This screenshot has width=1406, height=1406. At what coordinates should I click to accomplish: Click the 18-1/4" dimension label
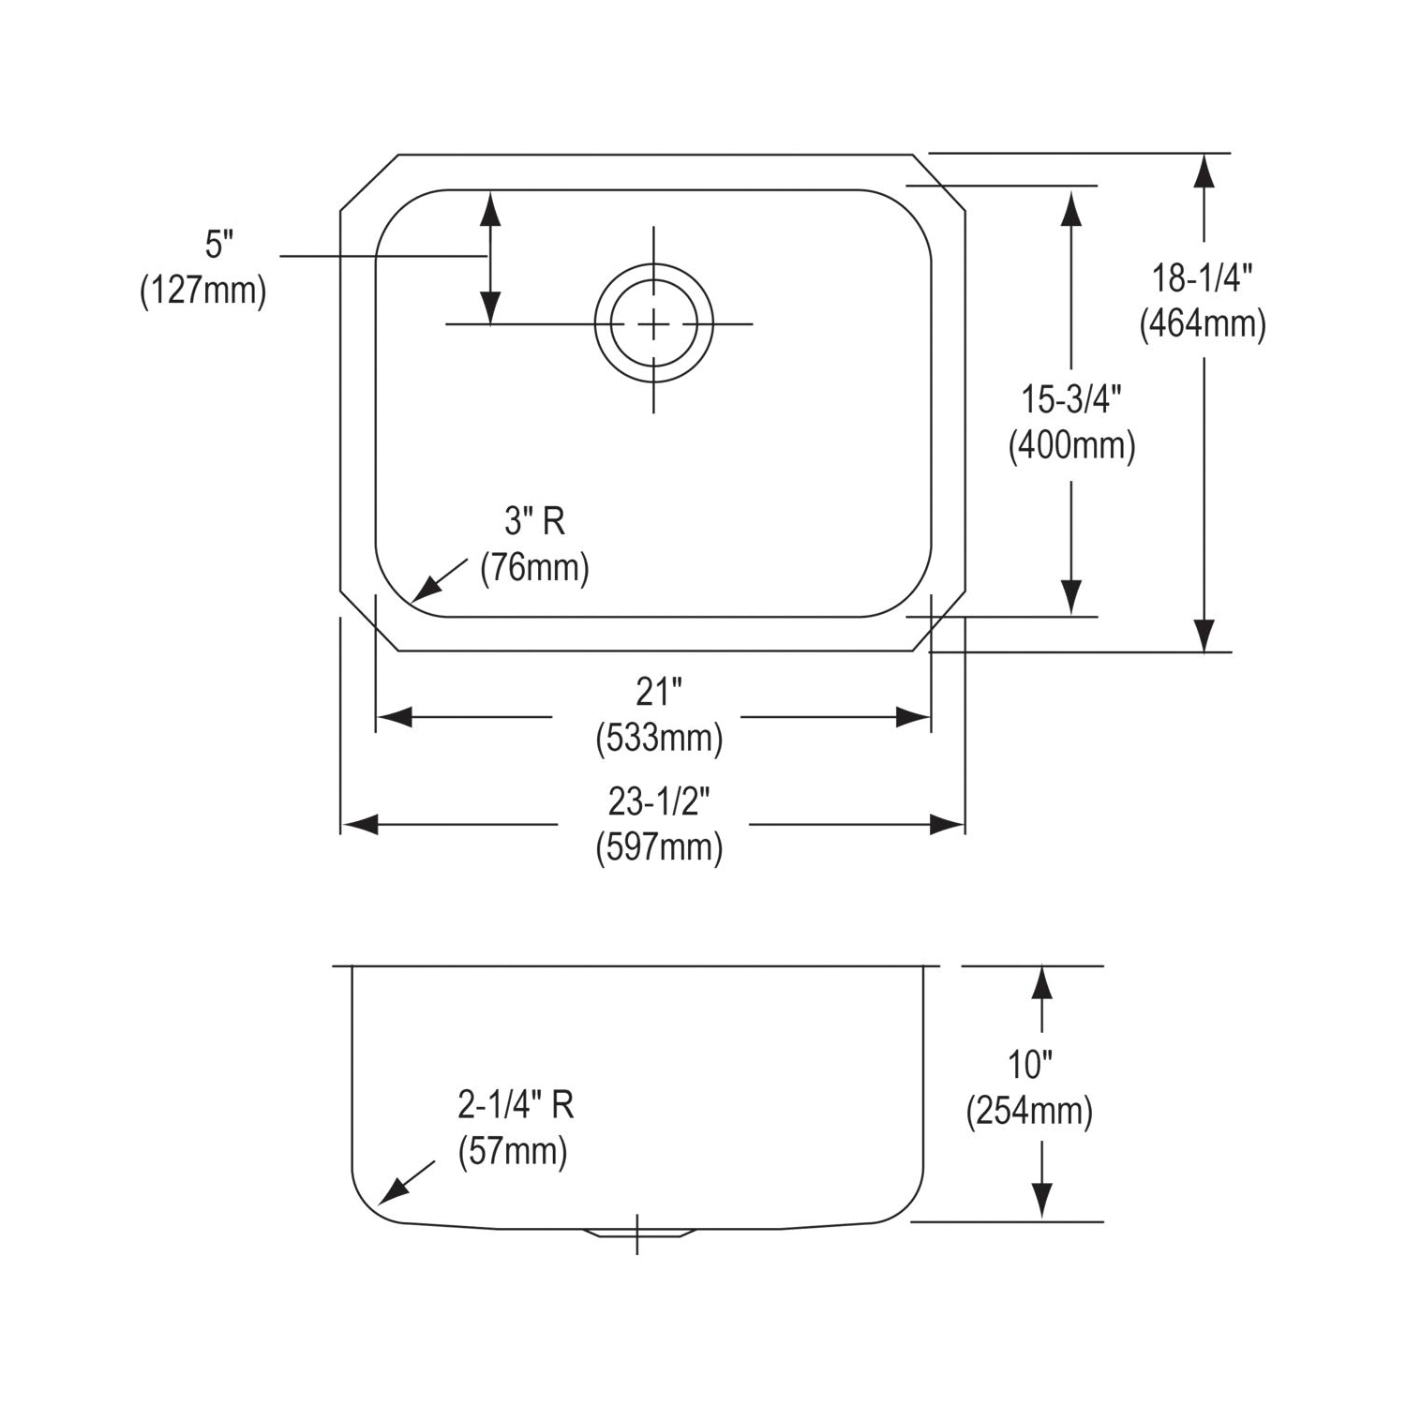tap(1203, 277)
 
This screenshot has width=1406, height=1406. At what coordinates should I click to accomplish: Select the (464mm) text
tap(1203, 324)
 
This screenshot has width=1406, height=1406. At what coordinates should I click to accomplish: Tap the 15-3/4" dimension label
tap(1071, 399)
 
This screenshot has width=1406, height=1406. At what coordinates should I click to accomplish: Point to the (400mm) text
tap(1071, 445)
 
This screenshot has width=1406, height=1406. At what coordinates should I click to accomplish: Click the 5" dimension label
tap(218, 246)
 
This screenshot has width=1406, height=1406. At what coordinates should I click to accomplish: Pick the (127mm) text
tap(203, 291)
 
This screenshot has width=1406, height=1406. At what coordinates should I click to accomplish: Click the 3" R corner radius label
tap(534, 521)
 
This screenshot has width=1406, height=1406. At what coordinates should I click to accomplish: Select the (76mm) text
tap(534, 567)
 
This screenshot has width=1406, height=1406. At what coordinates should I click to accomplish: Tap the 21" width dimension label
tap(658, 692)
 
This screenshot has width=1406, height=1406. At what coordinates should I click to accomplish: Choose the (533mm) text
tap(659, 739)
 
